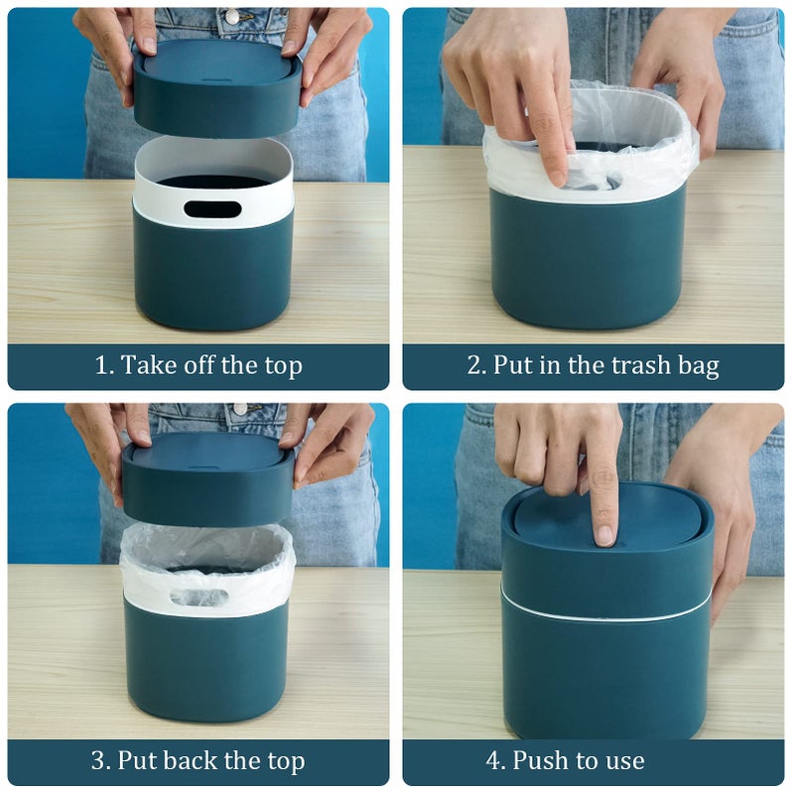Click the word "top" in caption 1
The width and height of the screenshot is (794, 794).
coord(281,366)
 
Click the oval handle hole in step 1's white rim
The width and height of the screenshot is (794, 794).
coord(212,209)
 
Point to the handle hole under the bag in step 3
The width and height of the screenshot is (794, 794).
coord(198,597)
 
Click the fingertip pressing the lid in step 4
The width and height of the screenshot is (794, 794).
coord(603,533)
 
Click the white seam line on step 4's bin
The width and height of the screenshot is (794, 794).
coord(605,617)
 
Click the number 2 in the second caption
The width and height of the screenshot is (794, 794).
coord(474,366)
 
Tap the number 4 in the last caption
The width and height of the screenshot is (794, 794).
coord(493,762)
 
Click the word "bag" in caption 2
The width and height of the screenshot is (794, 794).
coord(698,366)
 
